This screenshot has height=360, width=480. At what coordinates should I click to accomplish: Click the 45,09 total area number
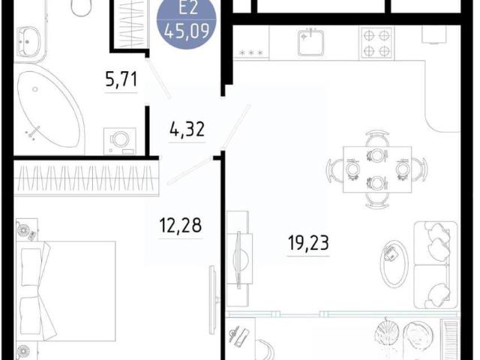pyautogui.click(x=187, y=31)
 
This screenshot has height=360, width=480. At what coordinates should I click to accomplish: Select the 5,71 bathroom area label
pyautogui.click(x=121, y=79)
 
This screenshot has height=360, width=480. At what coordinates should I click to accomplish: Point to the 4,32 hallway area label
pyautogui.click(x=187, y=129)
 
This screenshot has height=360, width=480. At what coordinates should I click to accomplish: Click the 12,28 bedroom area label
pyautogui.click(x=181, y=225)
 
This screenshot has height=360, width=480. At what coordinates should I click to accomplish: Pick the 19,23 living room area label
pyautogui.click(x=308, y=243)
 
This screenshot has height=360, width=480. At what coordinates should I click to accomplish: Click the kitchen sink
pyautogui.click(x=310, y=42)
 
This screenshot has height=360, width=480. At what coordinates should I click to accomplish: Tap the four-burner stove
pyautogui.click(x=376, y=43)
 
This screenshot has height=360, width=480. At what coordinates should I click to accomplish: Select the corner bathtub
pyautogui.click(x=49, y=109)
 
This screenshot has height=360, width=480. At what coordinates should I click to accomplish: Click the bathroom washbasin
pyautogui.click(x=28, y=42)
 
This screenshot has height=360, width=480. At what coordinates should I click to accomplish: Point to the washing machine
pyautogui.click(x=120, y=141)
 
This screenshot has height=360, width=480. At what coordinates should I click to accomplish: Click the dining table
pyautogui.click(x=377, y=169)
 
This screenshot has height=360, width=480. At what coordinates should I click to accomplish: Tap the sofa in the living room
pyautogui.click(x=435, y=265)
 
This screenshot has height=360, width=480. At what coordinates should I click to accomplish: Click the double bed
pyautogui.click(x=66, y=291)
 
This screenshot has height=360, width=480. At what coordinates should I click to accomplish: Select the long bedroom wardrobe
pyautogui.click(x=86, y=178)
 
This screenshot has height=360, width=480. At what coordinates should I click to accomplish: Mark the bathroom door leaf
pyautogui.click(x=158, y=78)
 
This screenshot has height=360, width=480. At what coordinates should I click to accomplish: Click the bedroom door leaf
pyautogui.click(x=190, y=171)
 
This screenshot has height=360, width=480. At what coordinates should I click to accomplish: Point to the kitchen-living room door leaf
pyautogui.click(x=236, y=127)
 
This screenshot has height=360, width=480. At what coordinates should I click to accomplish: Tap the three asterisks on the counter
pyautogui.click(x=251, y=52)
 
